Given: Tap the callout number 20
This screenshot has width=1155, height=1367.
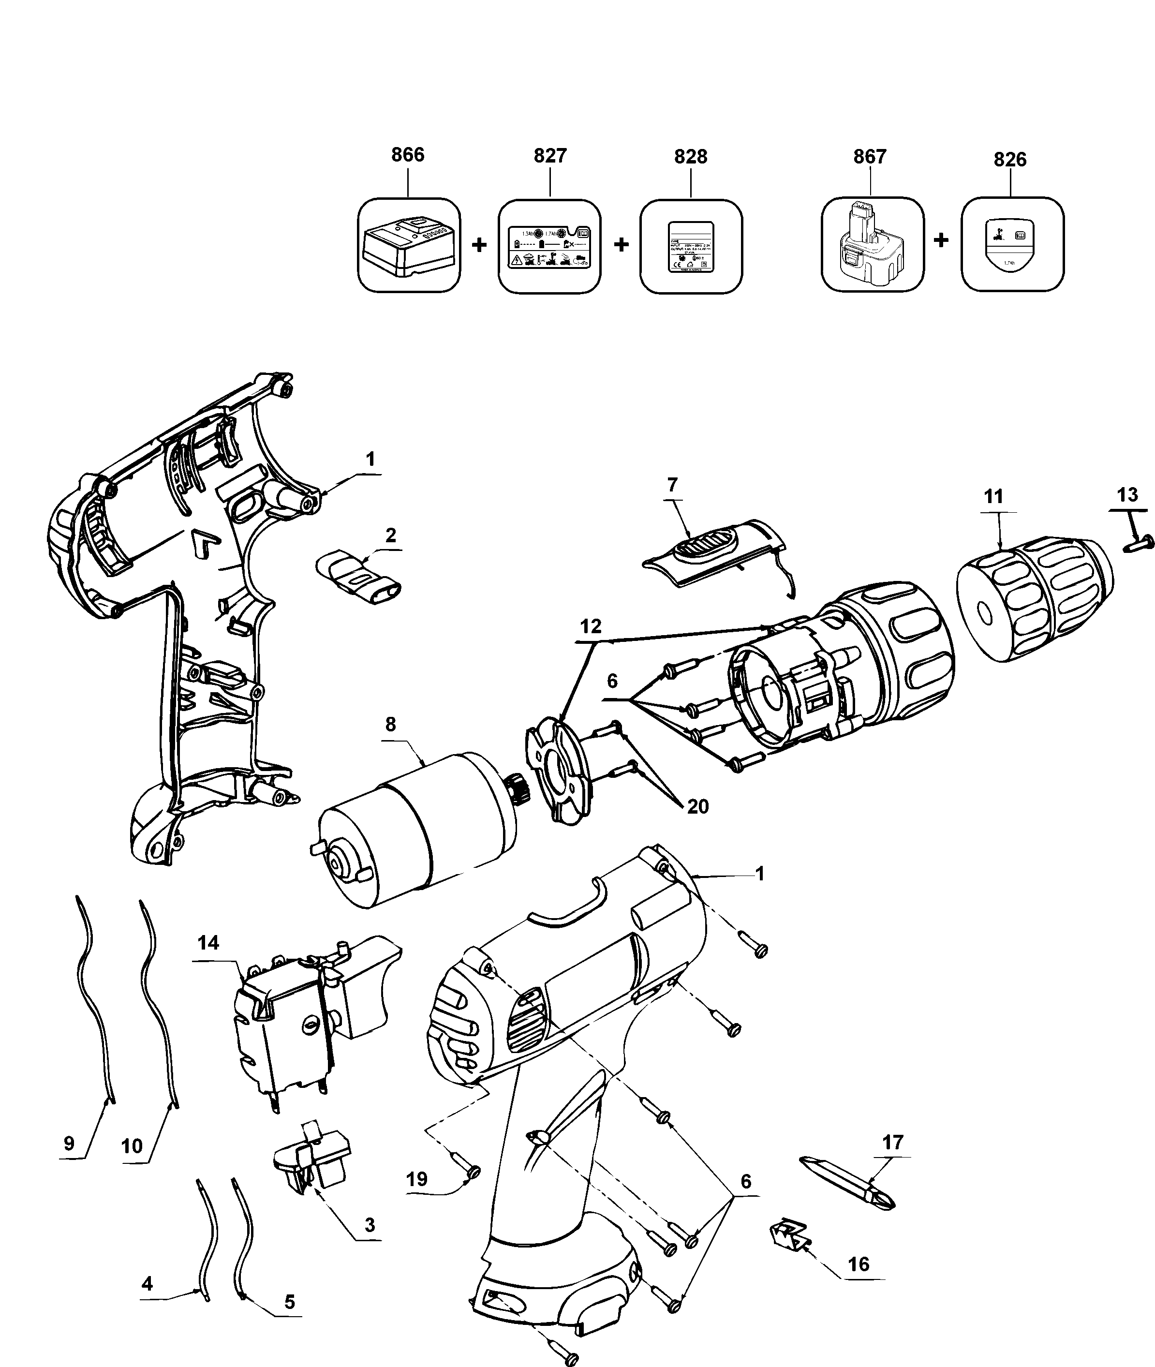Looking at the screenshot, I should (698, 806).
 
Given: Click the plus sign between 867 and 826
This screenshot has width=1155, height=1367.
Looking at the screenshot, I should (941, 241).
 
